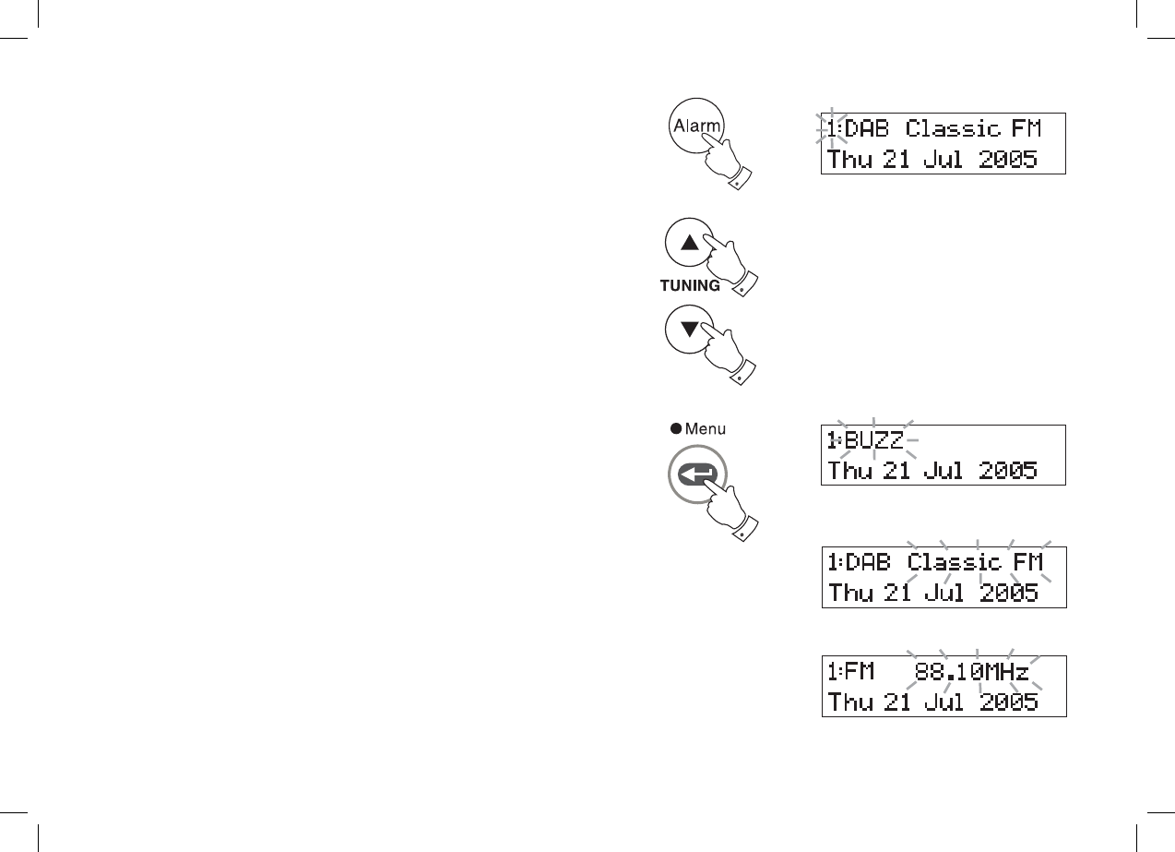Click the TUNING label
point(690,286)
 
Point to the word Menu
point(705,428)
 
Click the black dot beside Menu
point(676,428)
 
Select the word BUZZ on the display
point(874,439)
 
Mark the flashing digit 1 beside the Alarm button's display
point(832,129)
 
